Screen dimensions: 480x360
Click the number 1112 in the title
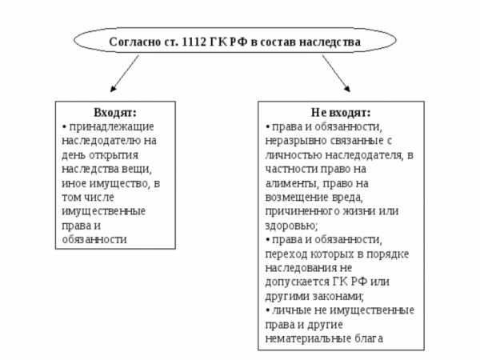tap(193, 42)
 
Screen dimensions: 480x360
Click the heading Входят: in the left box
tap(115, 112)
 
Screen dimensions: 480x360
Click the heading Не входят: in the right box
tap(341, 112)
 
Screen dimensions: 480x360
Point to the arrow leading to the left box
tap(125, 74)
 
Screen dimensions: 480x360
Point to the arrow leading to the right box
tap(336, 74)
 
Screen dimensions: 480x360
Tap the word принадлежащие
tap(112, 126)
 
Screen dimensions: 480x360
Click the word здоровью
tap(291, 226)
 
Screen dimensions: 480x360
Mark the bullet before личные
tap(268, 310)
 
